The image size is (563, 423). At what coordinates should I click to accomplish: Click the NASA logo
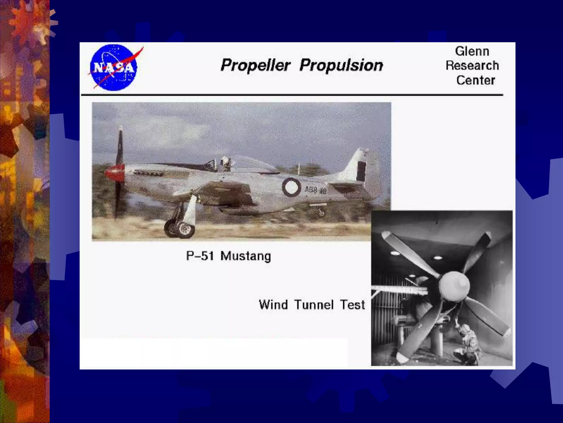pos(114,68)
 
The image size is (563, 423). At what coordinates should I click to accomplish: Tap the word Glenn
pos(472,51)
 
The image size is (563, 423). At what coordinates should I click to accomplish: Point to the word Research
pos(472,66)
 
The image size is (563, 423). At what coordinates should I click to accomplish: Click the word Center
pos(476,80)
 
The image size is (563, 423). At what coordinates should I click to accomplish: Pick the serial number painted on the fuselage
pos(315,190)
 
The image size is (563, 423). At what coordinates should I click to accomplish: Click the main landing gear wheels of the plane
pos(180,228)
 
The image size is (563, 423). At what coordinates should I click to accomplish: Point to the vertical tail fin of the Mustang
pos(359,165)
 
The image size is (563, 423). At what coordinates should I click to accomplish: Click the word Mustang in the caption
pos(245,256)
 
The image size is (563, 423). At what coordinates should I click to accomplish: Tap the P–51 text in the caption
pos(200,256)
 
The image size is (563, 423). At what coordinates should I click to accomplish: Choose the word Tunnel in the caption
pos(314,305)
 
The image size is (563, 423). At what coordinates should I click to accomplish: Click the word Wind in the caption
pos(273,305)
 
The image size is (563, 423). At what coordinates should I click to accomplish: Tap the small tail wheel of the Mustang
pos(321,212)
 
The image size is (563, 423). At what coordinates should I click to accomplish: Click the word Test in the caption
pos(352,305)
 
